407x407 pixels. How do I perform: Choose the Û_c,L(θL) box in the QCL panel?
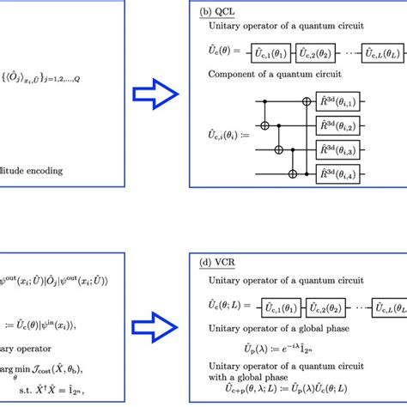pos(379,54)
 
